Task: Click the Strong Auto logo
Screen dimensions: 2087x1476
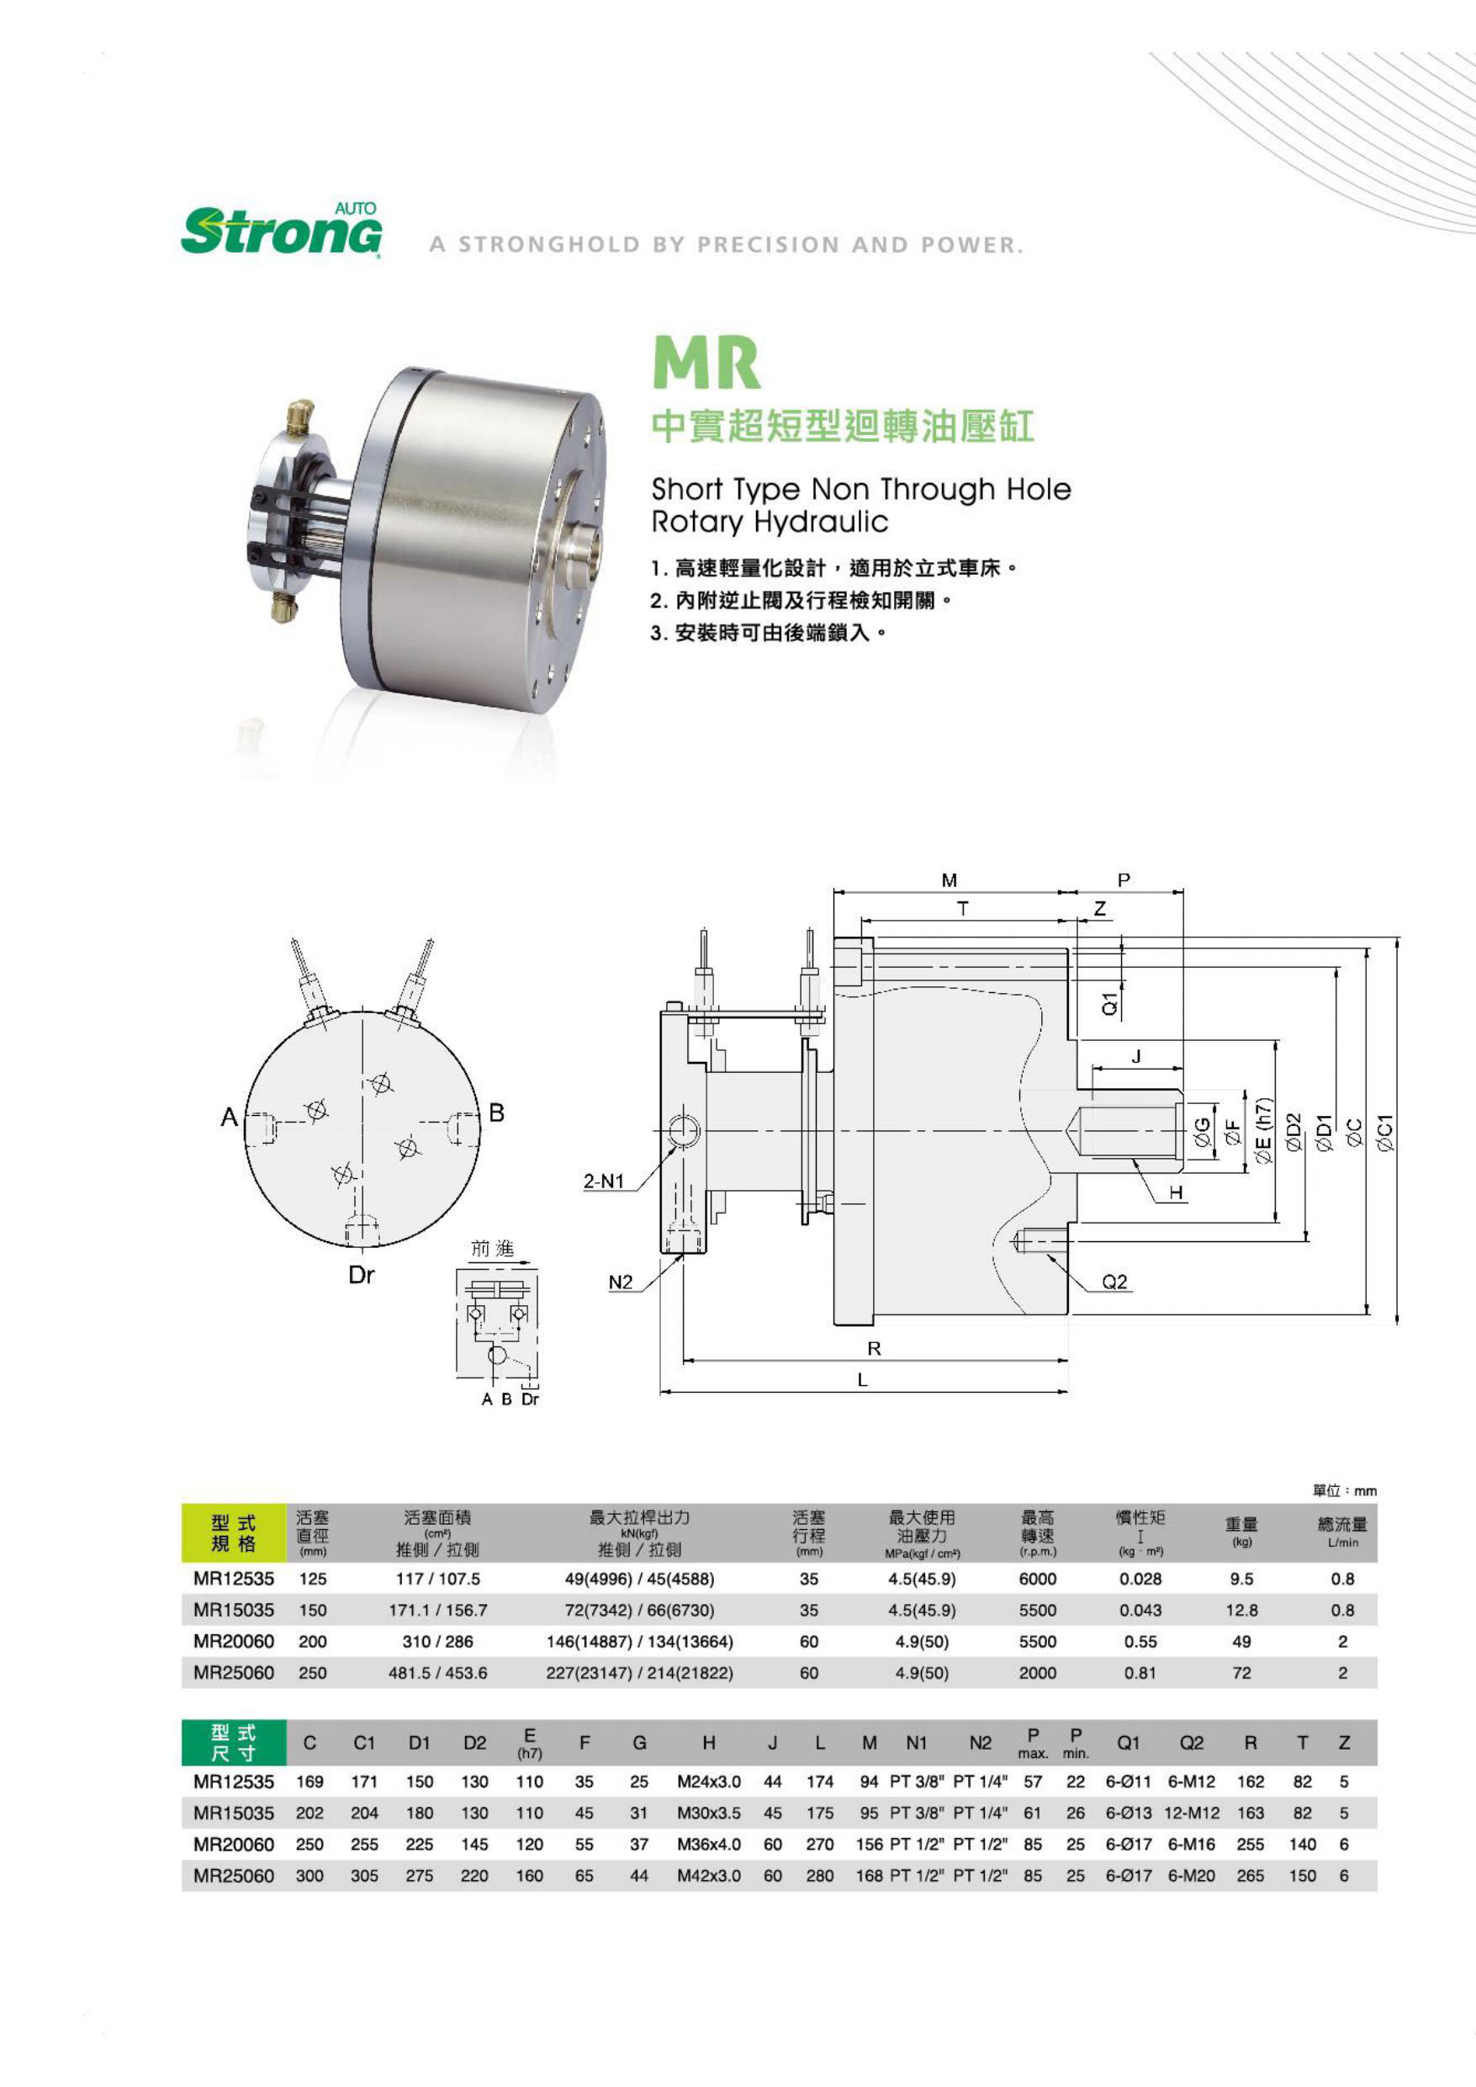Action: [281, 230]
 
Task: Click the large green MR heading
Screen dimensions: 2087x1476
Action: [706, 363]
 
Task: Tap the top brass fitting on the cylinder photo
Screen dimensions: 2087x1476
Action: [301, 417]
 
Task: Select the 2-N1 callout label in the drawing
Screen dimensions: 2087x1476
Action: [604, 1182]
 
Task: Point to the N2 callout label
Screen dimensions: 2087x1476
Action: [620, 1282]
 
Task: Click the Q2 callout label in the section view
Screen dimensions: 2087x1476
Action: [1114, 1282]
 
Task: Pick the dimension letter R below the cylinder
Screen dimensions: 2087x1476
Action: [875, 1349]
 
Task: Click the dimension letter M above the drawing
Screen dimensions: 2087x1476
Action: [949, 880]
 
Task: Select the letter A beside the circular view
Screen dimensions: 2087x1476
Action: [229, 1117]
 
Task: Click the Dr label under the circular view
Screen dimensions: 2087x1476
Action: [361, 1275]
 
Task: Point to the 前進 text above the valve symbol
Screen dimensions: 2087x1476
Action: [492, 1249]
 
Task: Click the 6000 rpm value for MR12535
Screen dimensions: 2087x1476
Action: [1037, 1579]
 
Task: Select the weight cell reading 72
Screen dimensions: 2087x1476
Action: [1241, 1672]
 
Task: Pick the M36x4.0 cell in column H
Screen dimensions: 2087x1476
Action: [708, 1844]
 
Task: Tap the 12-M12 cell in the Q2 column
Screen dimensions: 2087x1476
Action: [1191, 1813]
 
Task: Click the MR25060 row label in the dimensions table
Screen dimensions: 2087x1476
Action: [234, 1875]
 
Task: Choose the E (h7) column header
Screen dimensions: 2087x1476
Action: [529, 1742]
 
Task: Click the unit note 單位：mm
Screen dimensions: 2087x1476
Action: [1344, 1490]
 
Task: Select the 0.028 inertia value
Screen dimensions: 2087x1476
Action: [1140, 1579]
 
